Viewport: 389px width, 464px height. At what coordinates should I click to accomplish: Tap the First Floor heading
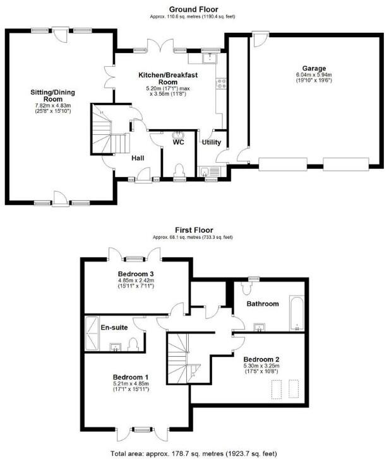[194, 230]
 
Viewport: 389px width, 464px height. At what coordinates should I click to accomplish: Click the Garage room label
[314, 68]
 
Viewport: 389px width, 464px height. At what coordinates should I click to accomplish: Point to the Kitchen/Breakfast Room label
[168, 78]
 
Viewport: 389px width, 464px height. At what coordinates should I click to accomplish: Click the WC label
[178, 143]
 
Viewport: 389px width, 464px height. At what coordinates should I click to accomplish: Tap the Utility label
[211, 142]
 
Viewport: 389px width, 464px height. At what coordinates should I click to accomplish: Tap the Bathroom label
[263, 304]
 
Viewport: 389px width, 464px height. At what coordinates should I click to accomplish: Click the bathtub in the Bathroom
[296, 315]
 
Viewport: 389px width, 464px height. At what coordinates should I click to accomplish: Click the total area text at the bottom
[194, 453]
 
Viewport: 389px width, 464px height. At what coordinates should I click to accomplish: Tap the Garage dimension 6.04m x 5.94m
[314, 76]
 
